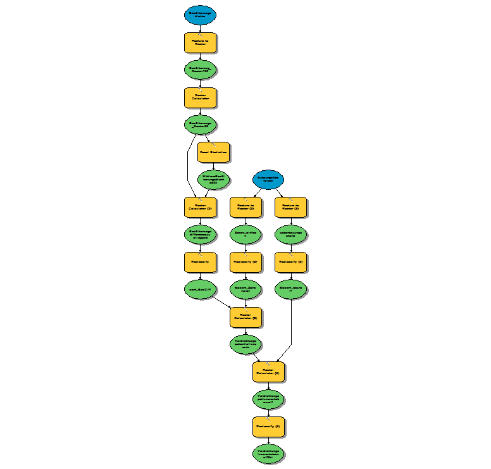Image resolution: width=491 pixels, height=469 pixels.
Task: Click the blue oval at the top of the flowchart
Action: [x=201, y=15]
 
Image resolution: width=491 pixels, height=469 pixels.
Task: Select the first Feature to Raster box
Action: [x=201, y=42]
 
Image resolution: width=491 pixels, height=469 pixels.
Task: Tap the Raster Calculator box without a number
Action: [x=201, y=97]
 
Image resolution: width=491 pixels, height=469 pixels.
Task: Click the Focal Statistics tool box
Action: [x=213, y=153]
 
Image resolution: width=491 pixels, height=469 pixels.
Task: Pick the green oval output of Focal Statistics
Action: [x=213, y=180]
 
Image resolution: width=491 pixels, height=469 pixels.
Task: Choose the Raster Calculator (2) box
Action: [x=201, y=207]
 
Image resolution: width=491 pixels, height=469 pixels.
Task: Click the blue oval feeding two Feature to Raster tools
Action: [x=268, y=179]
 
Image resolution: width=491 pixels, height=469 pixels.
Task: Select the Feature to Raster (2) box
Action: [x=245, y=207]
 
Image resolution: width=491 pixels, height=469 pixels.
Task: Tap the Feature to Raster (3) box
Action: [x=291, y=207]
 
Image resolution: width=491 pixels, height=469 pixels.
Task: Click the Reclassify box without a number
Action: [x=201, y=261]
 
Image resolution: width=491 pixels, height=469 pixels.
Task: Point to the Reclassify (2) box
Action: [x=245, y=261]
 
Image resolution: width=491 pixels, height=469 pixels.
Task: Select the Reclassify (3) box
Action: [x=291, y=261]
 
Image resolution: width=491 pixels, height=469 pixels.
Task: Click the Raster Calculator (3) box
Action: [x=245, y=316]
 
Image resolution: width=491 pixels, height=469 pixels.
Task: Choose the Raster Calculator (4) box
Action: [x=268, y=372]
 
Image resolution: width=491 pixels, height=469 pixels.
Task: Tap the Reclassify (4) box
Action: [x=268, y=427]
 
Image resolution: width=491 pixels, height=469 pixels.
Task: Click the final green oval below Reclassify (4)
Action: [x=268, y=453]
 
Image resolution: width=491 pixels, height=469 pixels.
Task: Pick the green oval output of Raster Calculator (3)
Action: [x=245, y=344]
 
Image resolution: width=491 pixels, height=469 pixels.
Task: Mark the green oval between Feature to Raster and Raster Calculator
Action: [x=201, y=70]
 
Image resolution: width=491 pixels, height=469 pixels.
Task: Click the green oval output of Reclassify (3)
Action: [x=291, y=289]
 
